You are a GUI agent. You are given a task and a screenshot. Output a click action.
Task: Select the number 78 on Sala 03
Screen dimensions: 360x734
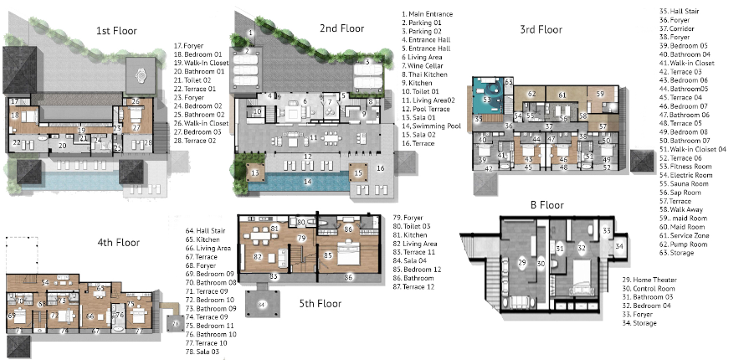pos(176,321)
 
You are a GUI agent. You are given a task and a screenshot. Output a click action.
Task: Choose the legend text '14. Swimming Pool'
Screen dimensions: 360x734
pos(433,124)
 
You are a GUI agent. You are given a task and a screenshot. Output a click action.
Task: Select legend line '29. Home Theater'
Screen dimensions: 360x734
pos(649,279)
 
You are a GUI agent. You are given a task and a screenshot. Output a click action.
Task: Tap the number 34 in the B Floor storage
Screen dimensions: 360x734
pos(620,246)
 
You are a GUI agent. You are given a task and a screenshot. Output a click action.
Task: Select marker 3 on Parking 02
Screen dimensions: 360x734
pos(367,61)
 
